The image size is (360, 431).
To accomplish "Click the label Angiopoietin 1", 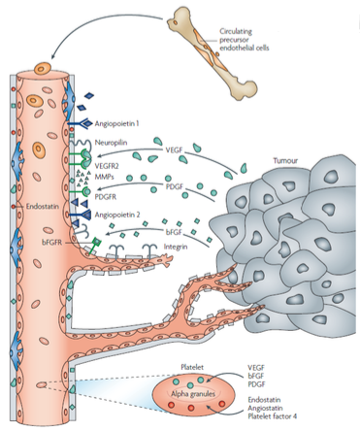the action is pyautogui.click(x=116, y=123).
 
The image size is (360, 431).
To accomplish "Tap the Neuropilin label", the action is pyautogui.click(x=111, y=143).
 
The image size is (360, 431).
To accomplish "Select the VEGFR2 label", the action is pyautogui.click(x=107, y=166).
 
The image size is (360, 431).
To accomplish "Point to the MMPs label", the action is pyautogui.click(x=104, y=177).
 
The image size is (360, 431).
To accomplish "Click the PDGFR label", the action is pyautogui.click(x=106, y=196).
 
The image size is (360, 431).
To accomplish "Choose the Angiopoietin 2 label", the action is pyautogui.click(x=117, y=215).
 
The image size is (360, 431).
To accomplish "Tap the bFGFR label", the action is pyautogui.click(x=51, y=242).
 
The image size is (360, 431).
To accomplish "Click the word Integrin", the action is pyautogui.click(x=176, y=247).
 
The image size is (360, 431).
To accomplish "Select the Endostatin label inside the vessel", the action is pyautogui.click(x=43, y=206).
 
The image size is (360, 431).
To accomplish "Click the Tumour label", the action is pyautogui.click(x=285, y=160).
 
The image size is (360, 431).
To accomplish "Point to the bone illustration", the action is pyautogui.click(x=212, y=53).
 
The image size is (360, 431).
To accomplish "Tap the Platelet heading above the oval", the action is pyautogui.click(x=192, y=367).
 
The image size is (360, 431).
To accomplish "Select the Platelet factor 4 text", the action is pyautogui.click(x=273, y=416).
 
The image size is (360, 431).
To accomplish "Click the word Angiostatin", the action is pyautogui.click(x=265, y=408).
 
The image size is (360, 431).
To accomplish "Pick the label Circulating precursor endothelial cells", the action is pyautogui.click(x=245, y=40).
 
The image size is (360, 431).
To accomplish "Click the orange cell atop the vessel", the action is pyautogui.click(x=43, y=69).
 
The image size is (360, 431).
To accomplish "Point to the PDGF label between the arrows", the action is pyautogui.click(x=174, y=187).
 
